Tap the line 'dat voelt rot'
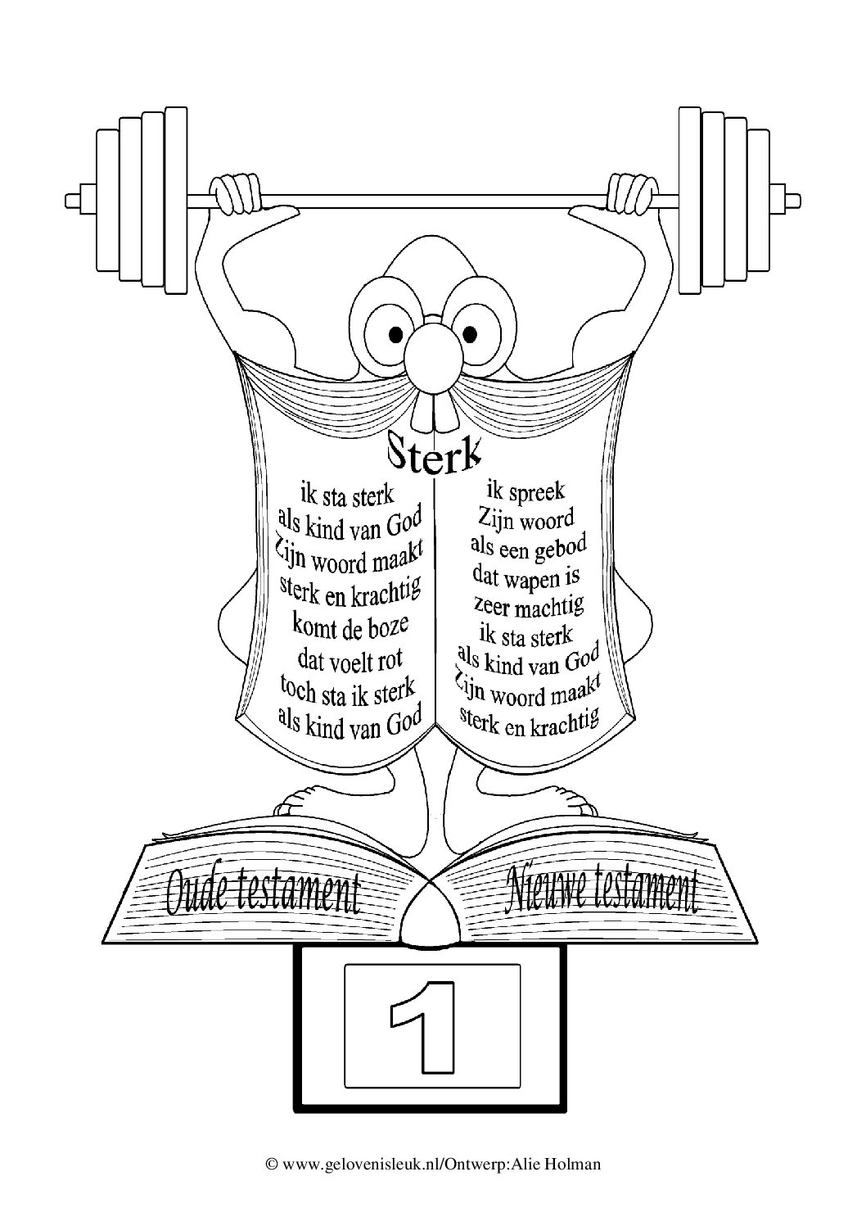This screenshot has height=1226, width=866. [x=350, y=660]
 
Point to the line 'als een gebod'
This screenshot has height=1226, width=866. [x=529, y=548]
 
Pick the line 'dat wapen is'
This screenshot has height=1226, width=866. [x=526, y=578]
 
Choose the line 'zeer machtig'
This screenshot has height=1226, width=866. [x=529, y=606]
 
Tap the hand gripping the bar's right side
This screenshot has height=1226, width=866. [x=632, y=193]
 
